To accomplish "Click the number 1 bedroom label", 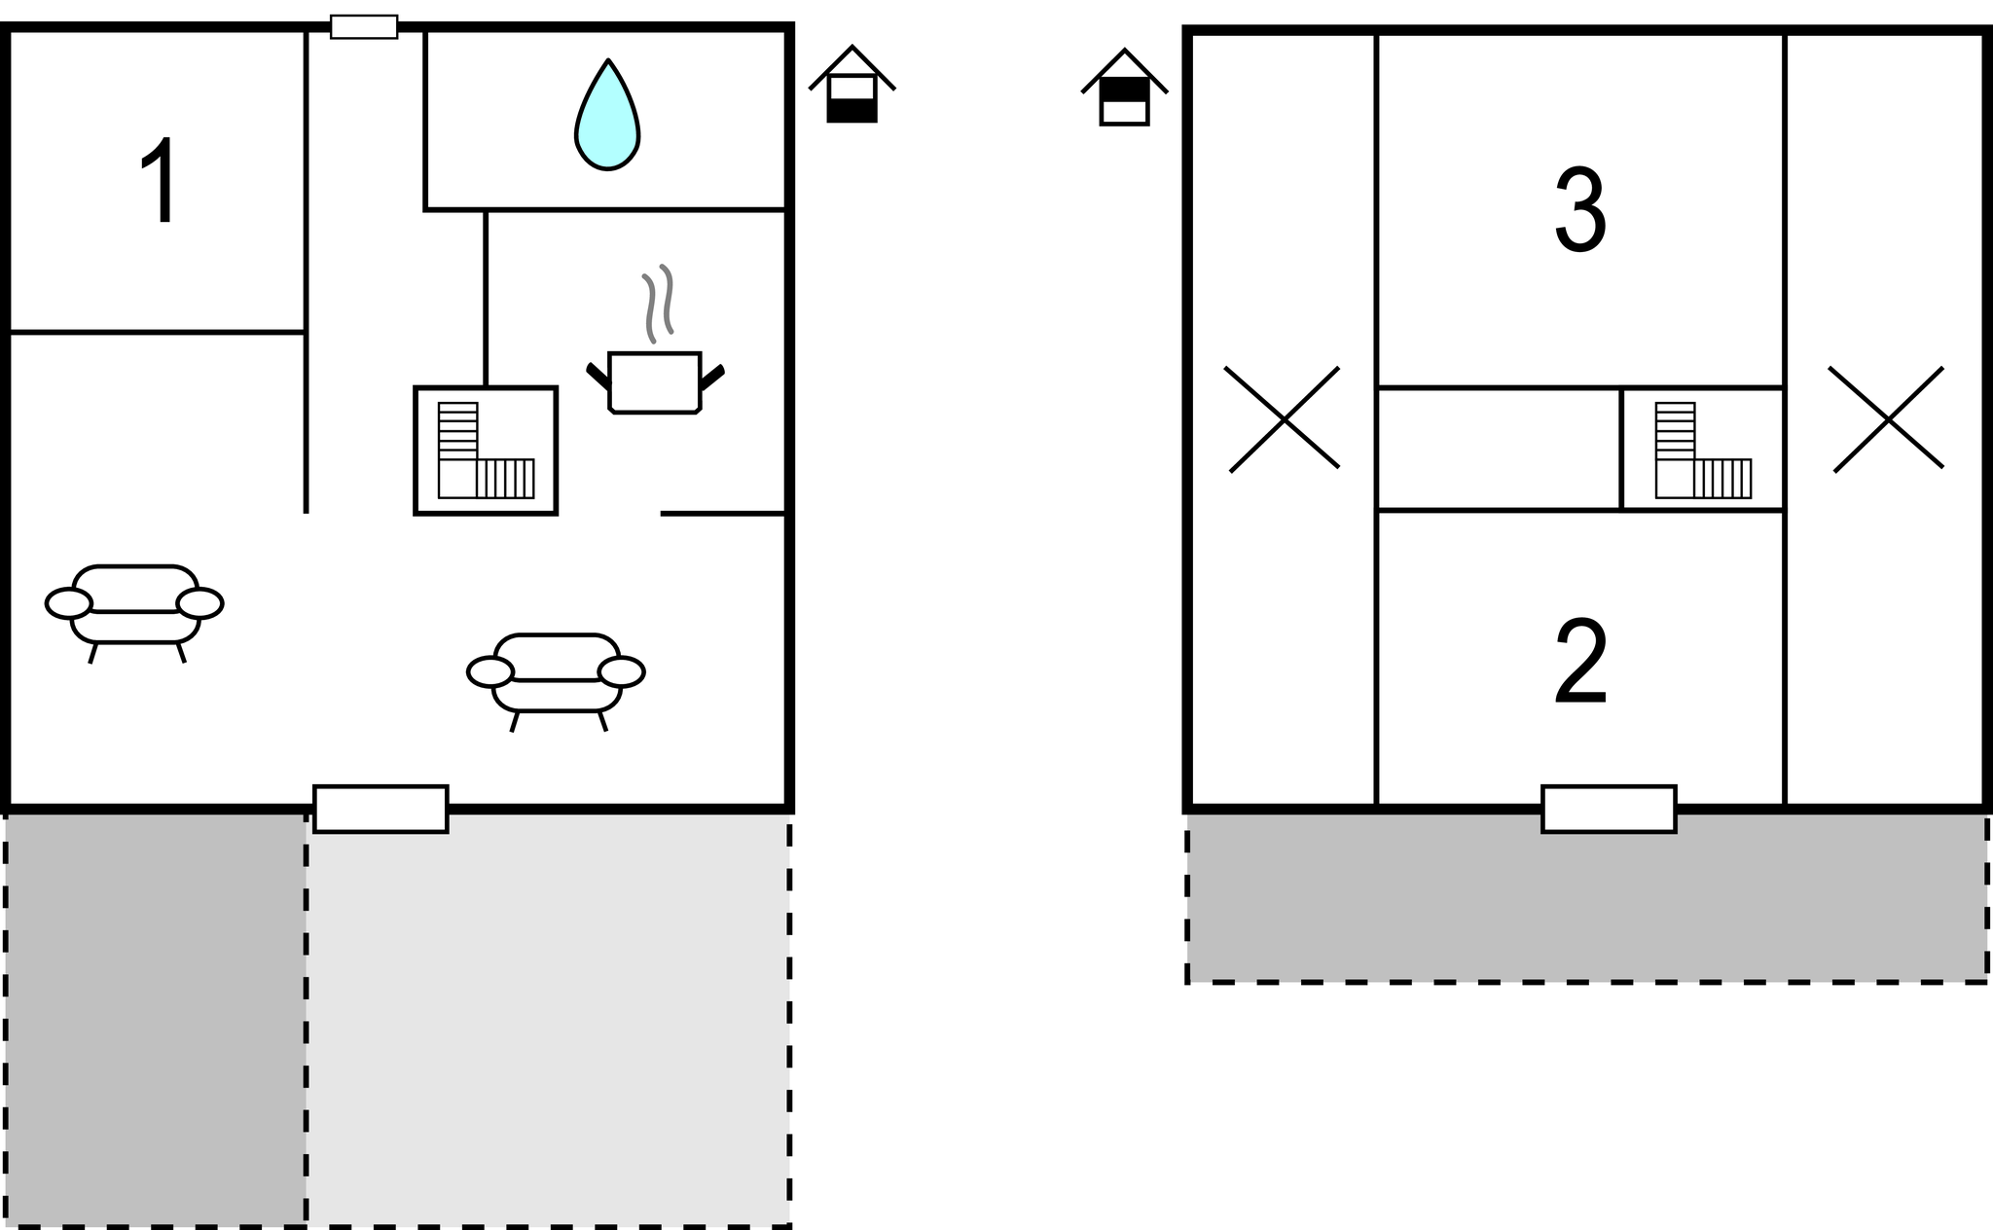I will click(x=159, y=181).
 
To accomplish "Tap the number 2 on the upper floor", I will click(x=1580, y=662).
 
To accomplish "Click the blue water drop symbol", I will click(x=607, y=116).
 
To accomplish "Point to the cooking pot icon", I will click(x=655, y=382).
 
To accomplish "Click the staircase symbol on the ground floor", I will click(x=486, y=451).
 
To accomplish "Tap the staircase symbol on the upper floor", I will click(x=1703, y=451).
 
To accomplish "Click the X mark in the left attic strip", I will click(x=1284, y=419).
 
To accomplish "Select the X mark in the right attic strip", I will click(x=1887, y=419).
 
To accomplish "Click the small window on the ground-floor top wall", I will click(x=364, y=27).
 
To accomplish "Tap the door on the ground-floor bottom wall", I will click(x=380, y=809).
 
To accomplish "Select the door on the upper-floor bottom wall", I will click(x=1609, y=809).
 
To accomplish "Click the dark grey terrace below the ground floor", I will click(x=156, y=1017).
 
